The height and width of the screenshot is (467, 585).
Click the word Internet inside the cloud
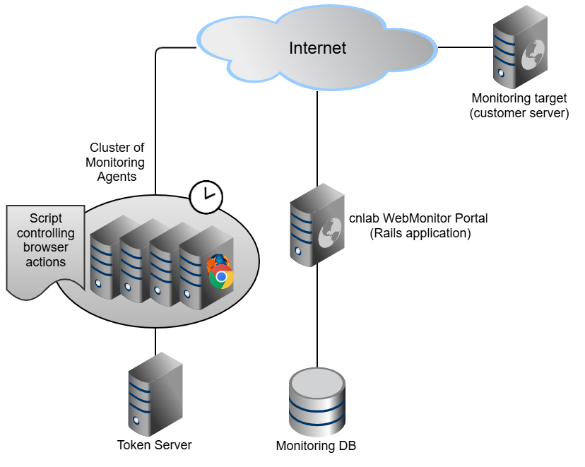point(318,48)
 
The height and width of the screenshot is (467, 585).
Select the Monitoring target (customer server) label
point(519,106)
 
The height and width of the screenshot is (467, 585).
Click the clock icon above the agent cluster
point(206,196)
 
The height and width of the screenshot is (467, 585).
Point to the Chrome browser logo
point(222,278)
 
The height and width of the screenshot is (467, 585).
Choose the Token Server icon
point(155,394)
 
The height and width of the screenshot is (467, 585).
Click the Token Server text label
point(155,445)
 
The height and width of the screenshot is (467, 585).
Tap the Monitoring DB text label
point(316,447)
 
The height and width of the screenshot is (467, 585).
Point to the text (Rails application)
point(420,233)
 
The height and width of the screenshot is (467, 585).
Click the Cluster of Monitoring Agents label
point(117,162)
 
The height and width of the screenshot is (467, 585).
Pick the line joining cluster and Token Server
point(155,342)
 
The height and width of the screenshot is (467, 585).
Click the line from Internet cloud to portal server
point(317,134)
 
